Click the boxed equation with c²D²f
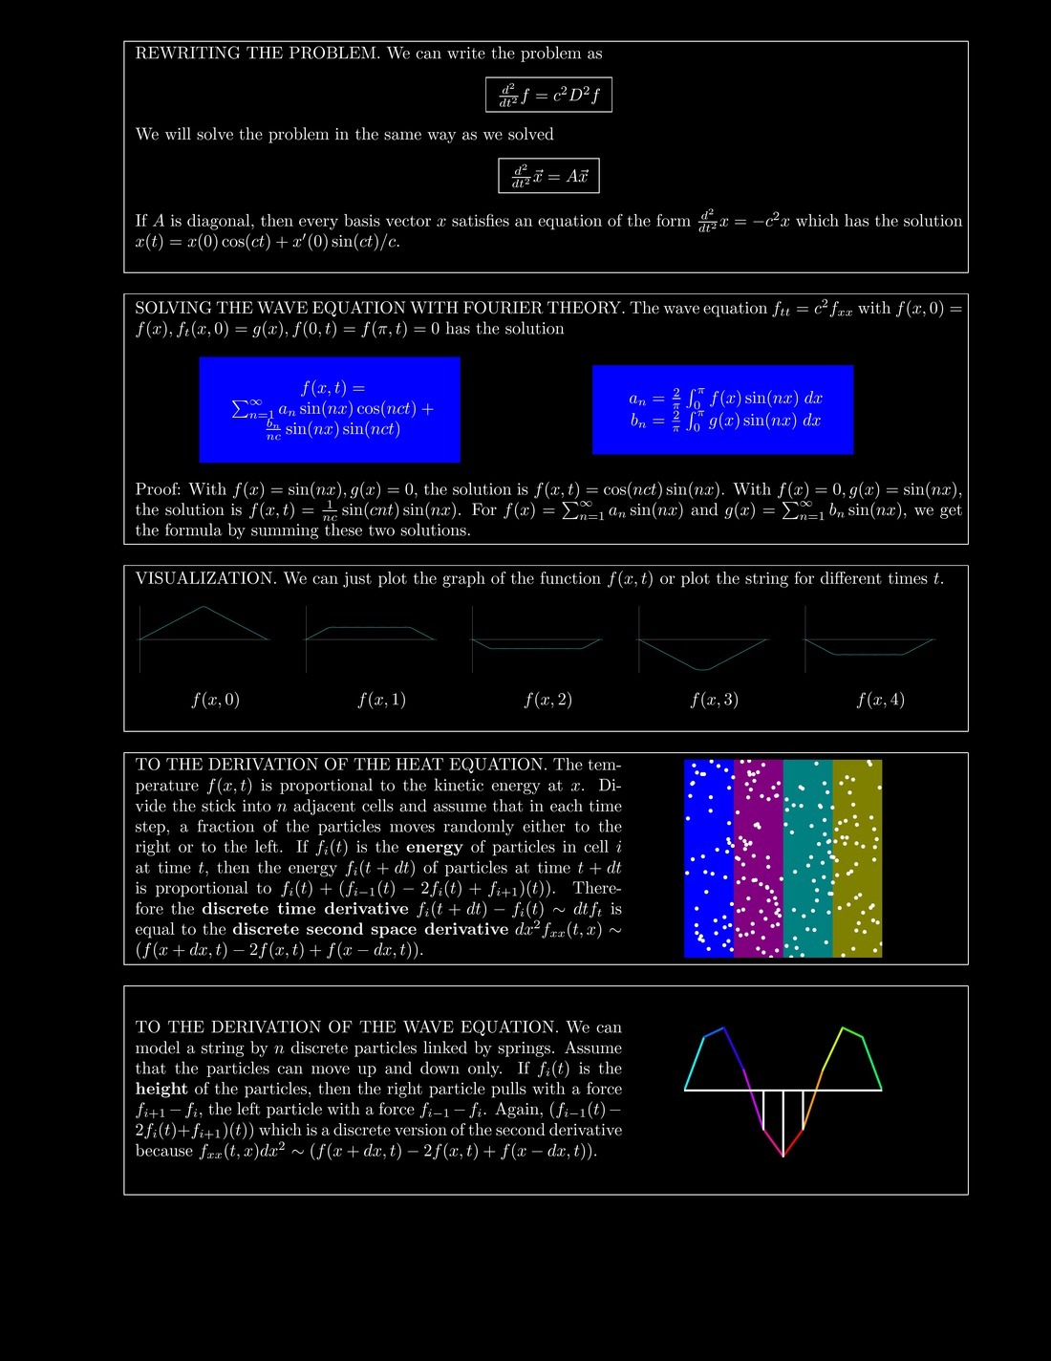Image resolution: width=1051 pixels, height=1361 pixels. point(548,95)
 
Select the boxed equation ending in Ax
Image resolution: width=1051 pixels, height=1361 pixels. point(548,176)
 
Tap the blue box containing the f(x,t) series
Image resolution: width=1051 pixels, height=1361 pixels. point(330,409)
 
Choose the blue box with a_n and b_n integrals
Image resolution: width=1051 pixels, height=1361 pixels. point(722,409)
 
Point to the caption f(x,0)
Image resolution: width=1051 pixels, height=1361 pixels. point(215,700)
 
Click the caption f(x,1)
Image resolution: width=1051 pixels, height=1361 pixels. point(381,700)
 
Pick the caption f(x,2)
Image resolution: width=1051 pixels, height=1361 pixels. point(547,700)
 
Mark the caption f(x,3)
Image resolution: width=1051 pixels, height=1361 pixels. point(714,700)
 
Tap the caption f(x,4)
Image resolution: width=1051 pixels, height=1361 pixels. point(880,700)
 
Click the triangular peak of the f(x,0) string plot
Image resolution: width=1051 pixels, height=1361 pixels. point(204,607)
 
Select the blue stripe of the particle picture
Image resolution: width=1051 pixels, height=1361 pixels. point(709,858)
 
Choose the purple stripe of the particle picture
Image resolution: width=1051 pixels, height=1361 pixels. point(759,858)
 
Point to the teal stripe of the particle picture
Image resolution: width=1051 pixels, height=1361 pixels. point(807,858)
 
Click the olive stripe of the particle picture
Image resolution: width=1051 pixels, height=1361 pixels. point(857,858)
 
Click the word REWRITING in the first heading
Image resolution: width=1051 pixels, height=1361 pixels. point(188,54)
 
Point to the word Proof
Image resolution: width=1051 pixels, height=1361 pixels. point(158,489)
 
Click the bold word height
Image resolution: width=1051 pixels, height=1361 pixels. point(161,1089)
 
